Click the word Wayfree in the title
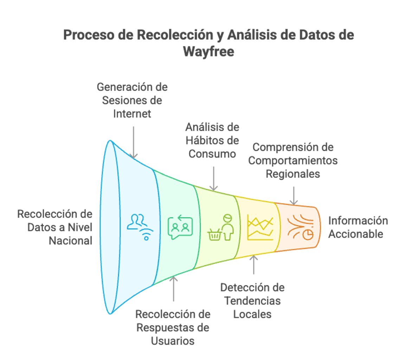click(x=208, y=51)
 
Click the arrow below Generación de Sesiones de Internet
click(x=134, y=142)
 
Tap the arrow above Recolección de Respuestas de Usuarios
click(x=174, y=288)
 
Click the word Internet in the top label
click(x=132, y=114)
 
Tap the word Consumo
click(x=212, y=154)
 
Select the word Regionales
click(x=293, y=174)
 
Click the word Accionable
click(x=356, y=234)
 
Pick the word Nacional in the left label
click(x=70, y=240)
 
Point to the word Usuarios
click(x=173, y=340)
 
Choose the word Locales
click(x=252, y=314)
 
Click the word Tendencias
click(x=252, y=301)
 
